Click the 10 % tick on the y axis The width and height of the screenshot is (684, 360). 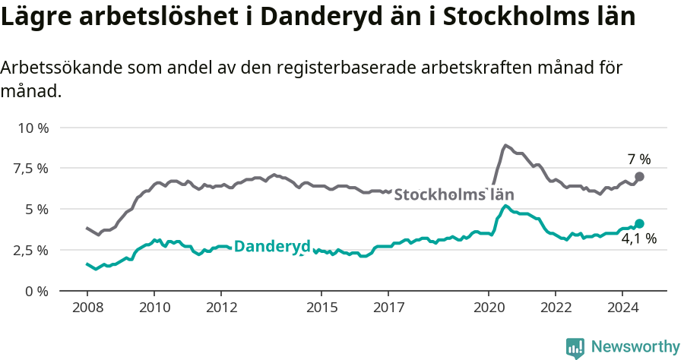32,128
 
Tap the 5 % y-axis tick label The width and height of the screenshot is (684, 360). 36,209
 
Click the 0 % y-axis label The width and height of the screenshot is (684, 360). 36,291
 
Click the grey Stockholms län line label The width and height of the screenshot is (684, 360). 453,194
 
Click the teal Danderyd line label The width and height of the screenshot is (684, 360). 272,246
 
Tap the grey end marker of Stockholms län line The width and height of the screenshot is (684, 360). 639,176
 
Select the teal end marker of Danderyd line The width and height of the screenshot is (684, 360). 639,223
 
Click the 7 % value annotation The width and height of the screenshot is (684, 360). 639,159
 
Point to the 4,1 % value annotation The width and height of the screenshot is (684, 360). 638,238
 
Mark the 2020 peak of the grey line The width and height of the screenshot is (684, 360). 505,145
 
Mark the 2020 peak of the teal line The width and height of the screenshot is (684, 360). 505,205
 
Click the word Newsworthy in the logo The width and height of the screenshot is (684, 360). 635,347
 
